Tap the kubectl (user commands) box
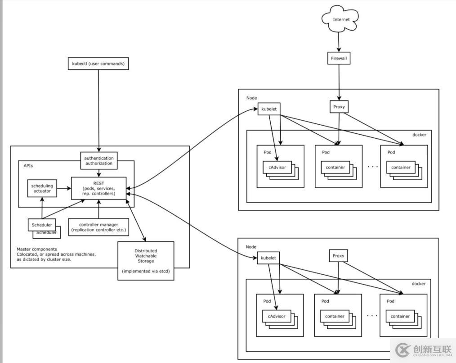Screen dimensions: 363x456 click(98, 64)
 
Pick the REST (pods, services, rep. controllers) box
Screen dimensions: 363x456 click(99, 188)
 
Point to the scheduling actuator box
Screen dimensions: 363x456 click(42, 188)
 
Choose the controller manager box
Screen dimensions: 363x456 click(98, 227)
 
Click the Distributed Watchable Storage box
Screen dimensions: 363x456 click(145, 261)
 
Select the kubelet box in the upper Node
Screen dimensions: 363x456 click(269, 109)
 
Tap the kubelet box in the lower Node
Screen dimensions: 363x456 click(268, 258)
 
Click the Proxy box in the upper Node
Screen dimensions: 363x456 click(338, 107)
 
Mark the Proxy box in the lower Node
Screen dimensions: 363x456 click(338, 256)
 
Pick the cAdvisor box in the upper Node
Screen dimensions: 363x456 click(277, 168)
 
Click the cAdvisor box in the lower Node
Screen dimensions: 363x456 click(277, 316)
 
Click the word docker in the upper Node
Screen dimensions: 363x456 click(419, 135)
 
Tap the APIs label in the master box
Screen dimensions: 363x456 click(28, 166)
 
